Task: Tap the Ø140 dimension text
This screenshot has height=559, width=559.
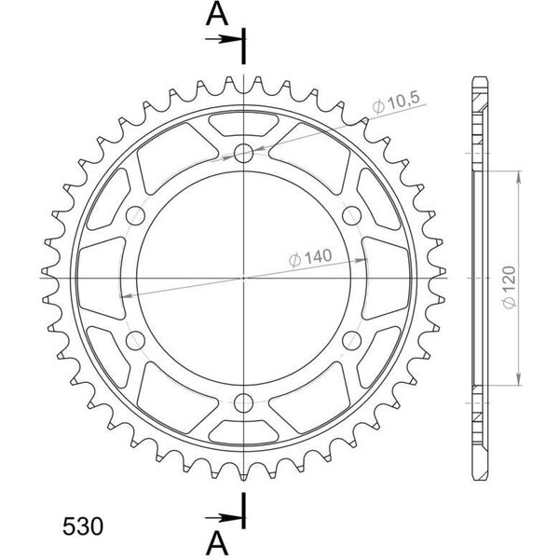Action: [310, 257]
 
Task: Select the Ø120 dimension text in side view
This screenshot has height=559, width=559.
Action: [509, 287]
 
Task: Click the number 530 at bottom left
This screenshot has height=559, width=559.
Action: [83, 526]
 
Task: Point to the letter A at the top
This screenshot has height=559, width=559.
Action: [217, 15]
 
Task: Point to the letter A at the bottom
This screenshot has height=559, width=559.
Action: [217, 544]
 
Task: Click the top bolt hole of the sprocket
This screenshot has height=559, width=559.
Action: [243, 154]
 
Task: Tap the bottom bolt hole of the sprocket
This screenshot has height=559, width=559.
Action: [243, 403]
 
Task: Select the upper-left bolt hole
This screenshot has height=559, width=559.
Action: [135, 216]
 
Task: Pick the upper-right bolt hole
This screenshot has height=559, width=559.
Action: [352, 216]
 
